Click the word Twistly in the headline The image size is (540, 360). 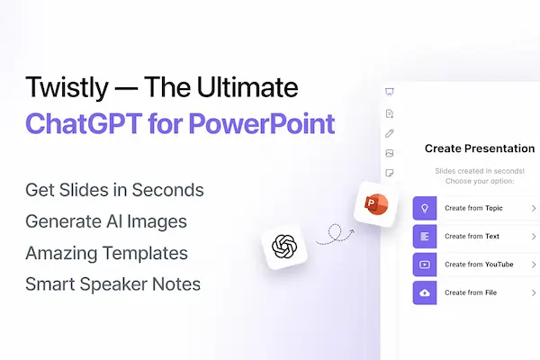[x=67, y=88]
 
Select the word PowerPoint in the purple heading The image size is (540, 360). [x=262, y=123]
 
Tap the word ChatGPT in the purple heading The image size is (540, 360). [x=84, y=123]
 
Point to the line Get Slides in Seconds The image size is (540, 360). [x=114, y=190]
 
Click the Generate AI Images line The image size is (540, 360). [x=106, y=221]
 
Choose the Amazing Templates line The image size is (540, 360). [x=106, y=253]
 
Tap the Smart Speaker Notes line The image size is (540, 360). [x=113, y=284]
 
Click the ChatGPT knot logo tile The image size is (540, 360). [x=284, y=247]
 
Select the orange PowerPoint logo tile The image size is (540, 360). [x=376, y=204]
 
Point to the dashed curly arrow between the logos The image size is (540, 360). [x=335, y=234]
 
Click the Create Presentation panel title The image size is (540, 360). [x=480, y=148]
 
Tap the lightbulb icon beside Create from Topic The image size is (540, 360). [x=425, y=208]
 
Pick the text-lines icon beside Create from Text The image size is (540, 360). [x=425, y=237]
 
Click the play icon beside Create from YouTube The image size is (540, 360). [x=425, y=265]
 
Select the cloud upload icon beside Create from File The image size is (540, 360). [x=425, y=292]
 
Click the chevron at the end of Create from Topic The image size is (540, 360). [x=534, y=208]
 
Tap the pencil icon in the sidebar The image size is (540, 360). [x=390, y=133]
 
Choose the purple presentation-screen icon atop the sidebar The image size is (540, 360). [x=390, y=92]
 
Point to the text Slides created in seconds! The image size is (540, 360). [x=480, y=171]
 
